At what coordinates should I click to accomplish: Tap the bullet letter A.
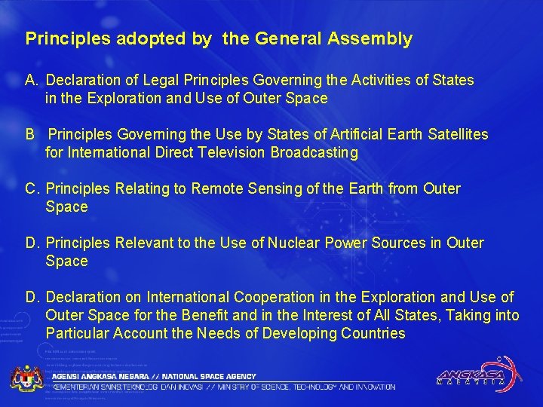[x=31, y=80]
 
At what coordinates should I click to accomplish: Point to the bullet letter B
[x=30, y=134]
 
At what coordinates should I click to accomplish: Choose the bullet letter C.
[x=32, y=188]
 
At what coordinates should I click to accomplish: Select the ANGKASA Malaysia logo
[x=476, y=374]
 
